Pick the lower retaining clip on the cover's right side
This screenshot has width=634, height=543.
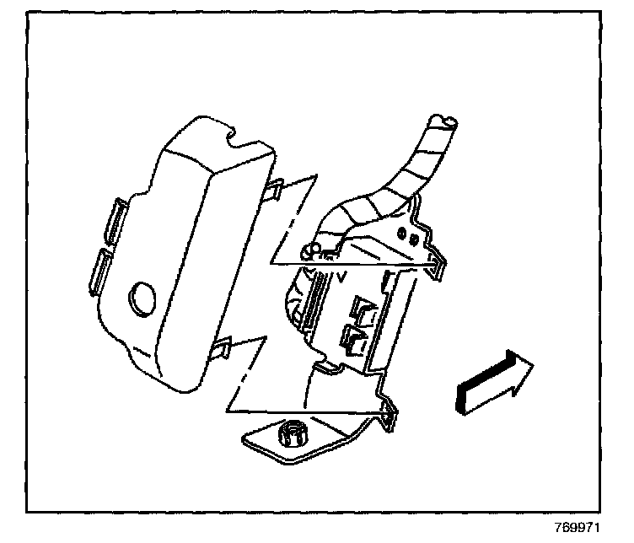tap(222, 348)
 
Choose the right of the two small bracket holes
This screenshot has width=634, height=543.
tap(416, 239)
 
